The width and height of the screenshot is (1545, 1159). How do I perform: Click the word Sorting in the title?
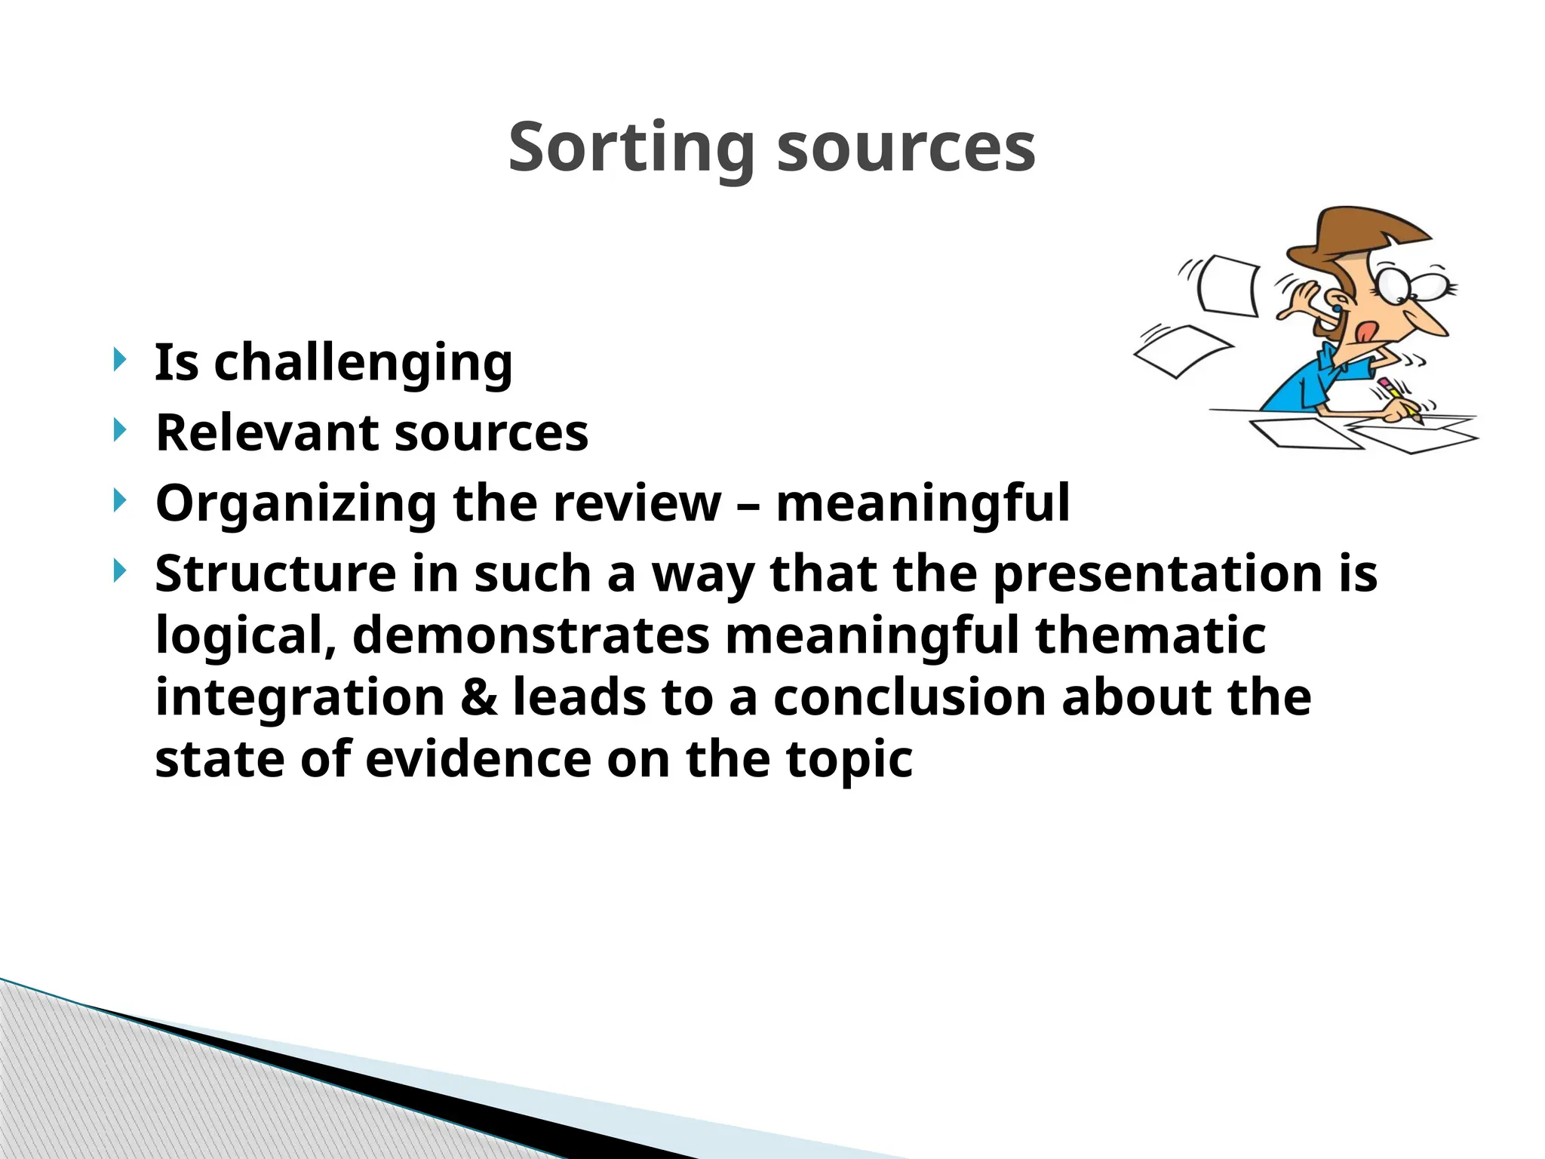click(x=631, y=148)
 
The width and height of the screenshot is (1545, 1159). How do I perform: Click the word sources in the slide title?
click(x=906, y=148)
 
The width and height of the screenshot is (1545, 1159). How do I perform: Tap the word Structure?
click(x=275, y=573)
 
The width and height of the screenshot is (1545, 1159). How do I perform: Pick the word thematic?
click(x=1150, y=635)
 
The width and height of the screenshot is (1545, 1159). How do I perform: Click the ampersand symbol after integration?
click(x=479, y=697)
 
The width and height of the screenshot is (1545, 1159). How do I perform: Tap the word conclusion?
click(x=909, y=697)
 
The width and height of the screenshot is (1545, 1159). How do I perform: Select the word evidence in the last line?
click(x=478, y=759)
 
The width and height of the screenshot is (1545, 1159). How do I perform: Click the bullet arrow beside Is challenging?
click(x=119, y=360)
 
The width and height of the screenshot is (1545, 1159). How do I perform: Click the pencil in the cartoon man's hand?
click(x=1400, y=401)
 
